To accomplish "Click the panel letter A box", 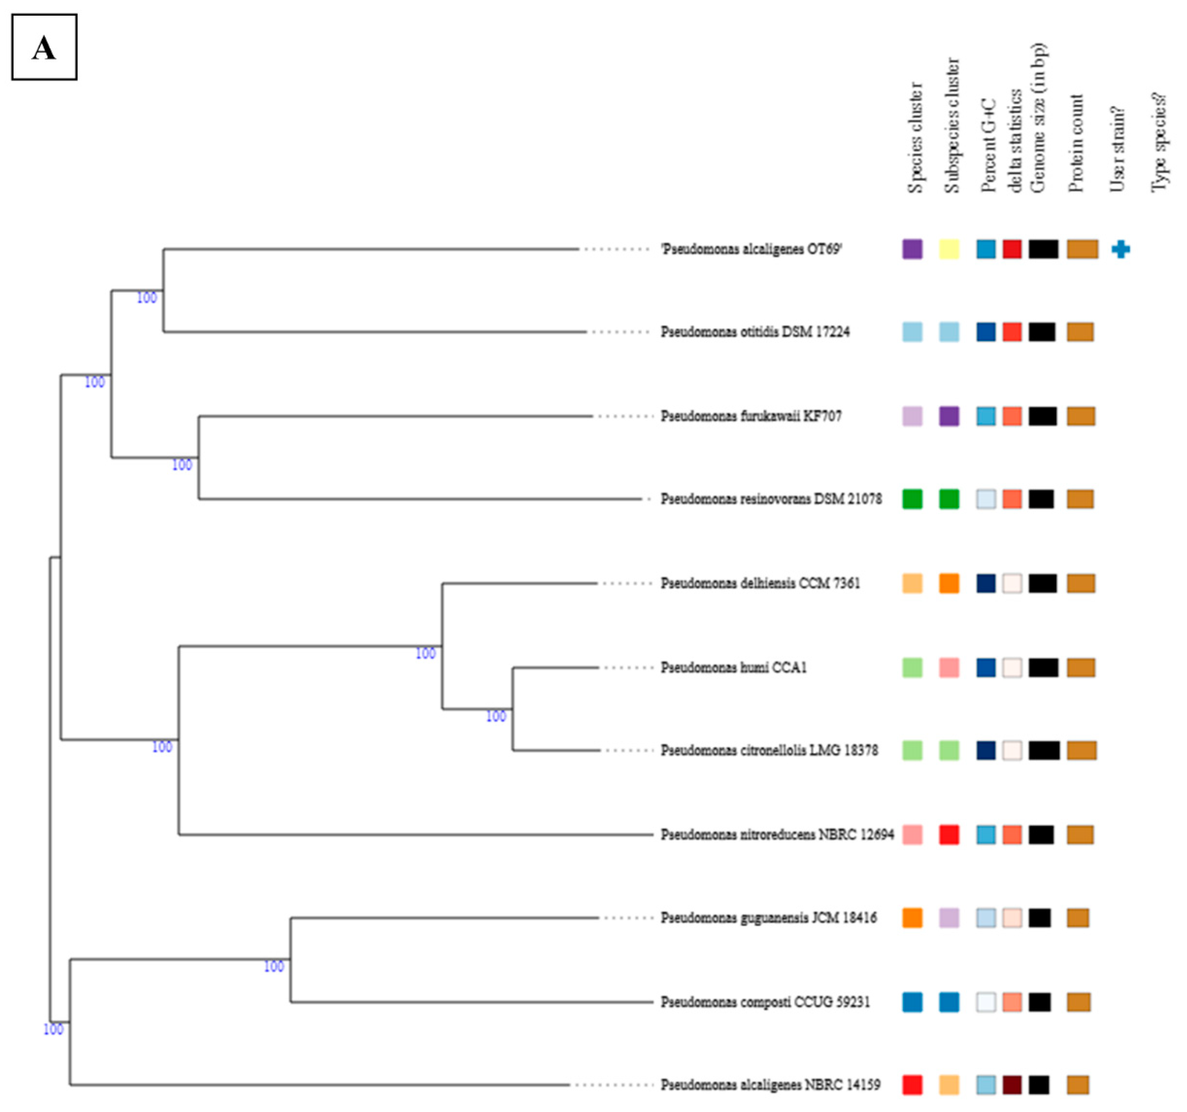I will click(x=44, y=47).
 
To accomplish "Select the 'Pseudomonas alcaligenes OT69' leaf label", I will click(x=751, y=249).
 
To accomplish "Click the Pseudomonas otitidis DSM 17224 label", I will click(x=755, y=331).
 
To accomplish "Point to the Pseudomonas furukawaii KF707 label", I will click(x=751, y=416).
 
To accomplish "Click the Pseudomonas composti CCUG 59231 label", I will click(x=765, y=1002).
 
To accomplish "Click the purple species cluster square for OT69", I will click(x=912, y=249).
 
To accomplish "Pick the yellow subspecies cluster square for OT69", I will click(x=949, y=249).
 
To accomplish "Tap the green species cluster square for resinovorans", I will click(x=912, y=499).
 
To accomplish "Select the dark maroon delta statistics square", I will click(x=1012, y=1084).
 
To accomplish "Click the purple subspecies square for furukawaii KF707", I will click(x=949, y=416).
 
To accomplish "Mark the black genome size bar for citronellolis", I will click(x=1044, y=750).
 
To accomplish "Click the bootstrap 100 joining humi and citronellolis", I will click(x=495, y=716).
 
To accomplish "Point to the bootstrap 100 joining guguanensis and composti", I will click(x=273, y=966).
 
